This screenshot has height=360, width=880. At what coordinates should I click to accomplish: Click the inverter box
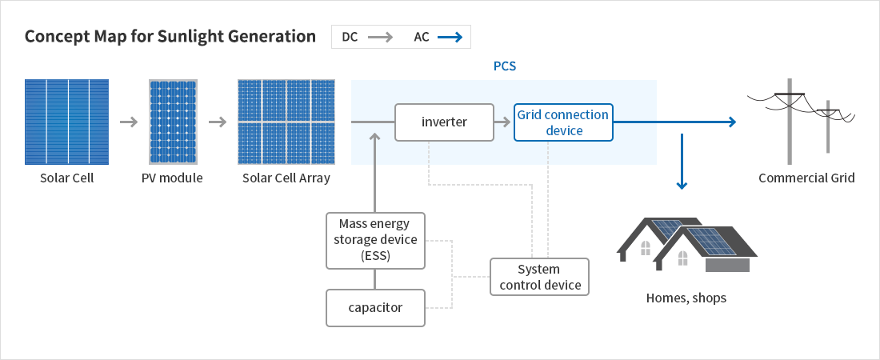[x=444, y=122]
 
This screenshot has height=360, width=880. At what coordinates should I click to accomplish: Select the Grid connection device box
[x=563, y=122]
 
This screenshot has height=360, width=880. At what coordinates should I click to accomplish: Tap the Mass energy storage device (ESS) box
[x=375, y=240]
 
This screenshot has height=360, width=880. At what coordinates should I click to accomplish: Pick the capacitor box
[x=375, y=308]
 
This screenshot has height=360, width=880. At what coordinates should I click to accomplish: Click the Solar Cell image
[x=66, y=121]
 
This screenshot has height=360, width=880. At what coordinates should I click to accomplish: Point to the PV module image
[x=172, y=121]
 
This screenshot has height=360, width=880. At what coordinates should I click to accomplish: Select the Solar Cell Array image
[x=286, y=121]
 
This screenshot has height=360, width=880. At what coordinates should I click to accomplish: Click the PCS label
[x=504, y=66]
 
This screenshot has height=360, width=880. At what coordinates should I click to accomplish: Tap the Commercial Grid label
[x=806, y=178]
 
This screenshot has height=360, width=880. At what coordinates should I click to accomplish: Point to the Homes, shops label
[x=686, y=298]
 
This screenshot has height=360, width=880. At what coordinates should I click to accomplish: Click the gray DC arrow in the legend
[x=381, y=37]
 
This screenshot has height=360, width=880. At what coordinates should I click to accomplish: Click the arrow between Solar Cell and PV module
[x=128, y=122]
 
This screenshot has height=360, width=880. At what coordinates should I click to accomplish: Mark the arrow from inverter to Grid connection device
[x=502, y=122]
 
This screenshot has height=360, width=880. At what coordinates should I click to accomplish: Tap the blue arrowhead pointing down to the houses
[x=682, y=185]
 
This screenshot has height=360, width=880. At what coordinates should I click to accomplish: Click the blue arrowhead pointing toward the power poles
[x=730, y=122]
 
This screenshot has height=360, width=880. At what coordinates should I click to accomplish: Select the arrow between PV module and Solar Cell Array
[x=218, y=122]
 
